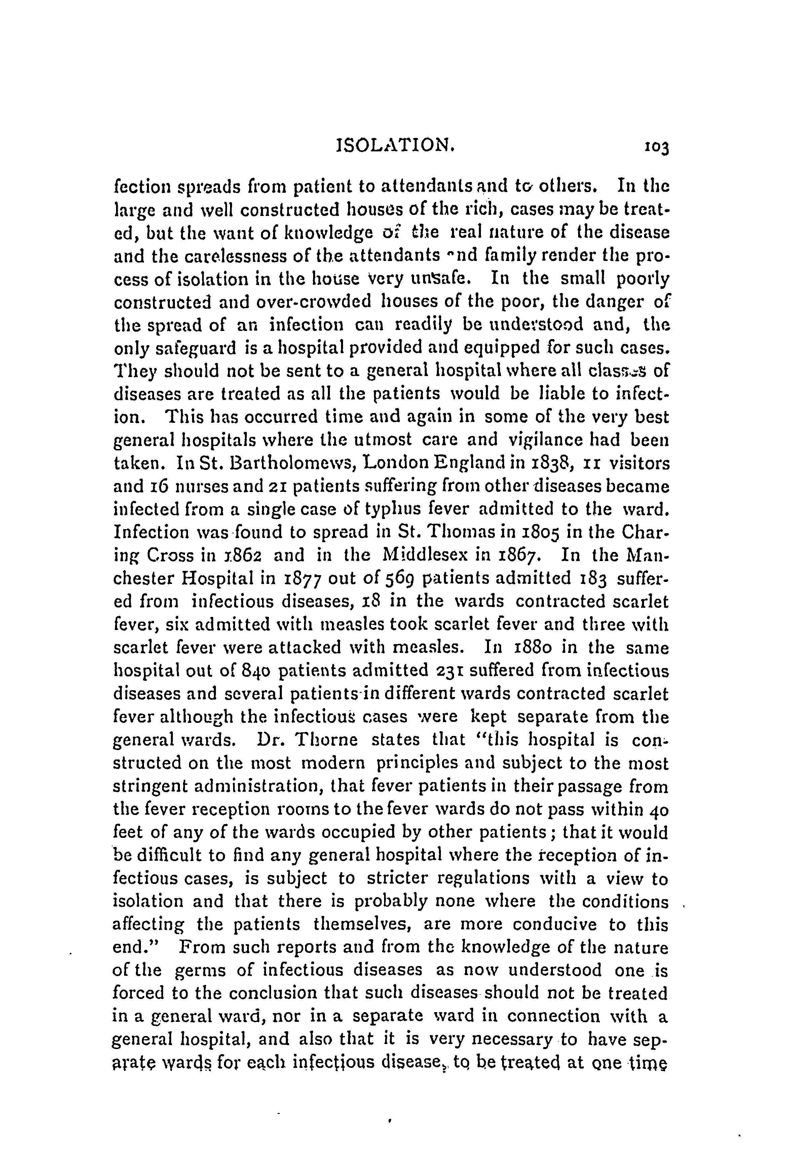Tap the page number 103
[x=656, y=148]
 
